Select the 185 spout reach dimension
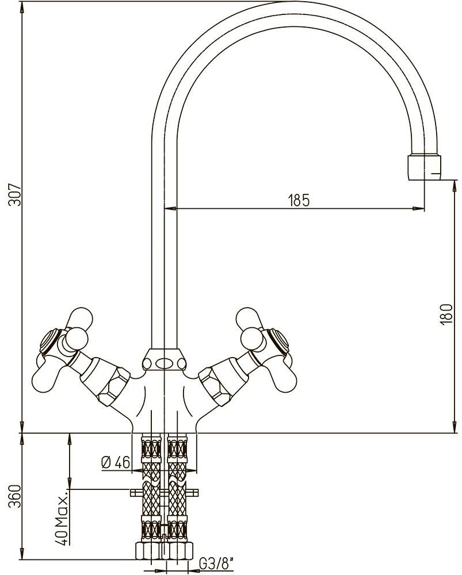[299, 200]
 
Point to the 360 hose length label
[16, 497]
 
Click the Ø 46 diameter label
[115, 462]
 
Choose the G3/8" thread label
[216, 563]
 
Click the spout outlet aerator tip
[424, 167]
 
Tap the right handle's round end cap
[278, 340]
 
